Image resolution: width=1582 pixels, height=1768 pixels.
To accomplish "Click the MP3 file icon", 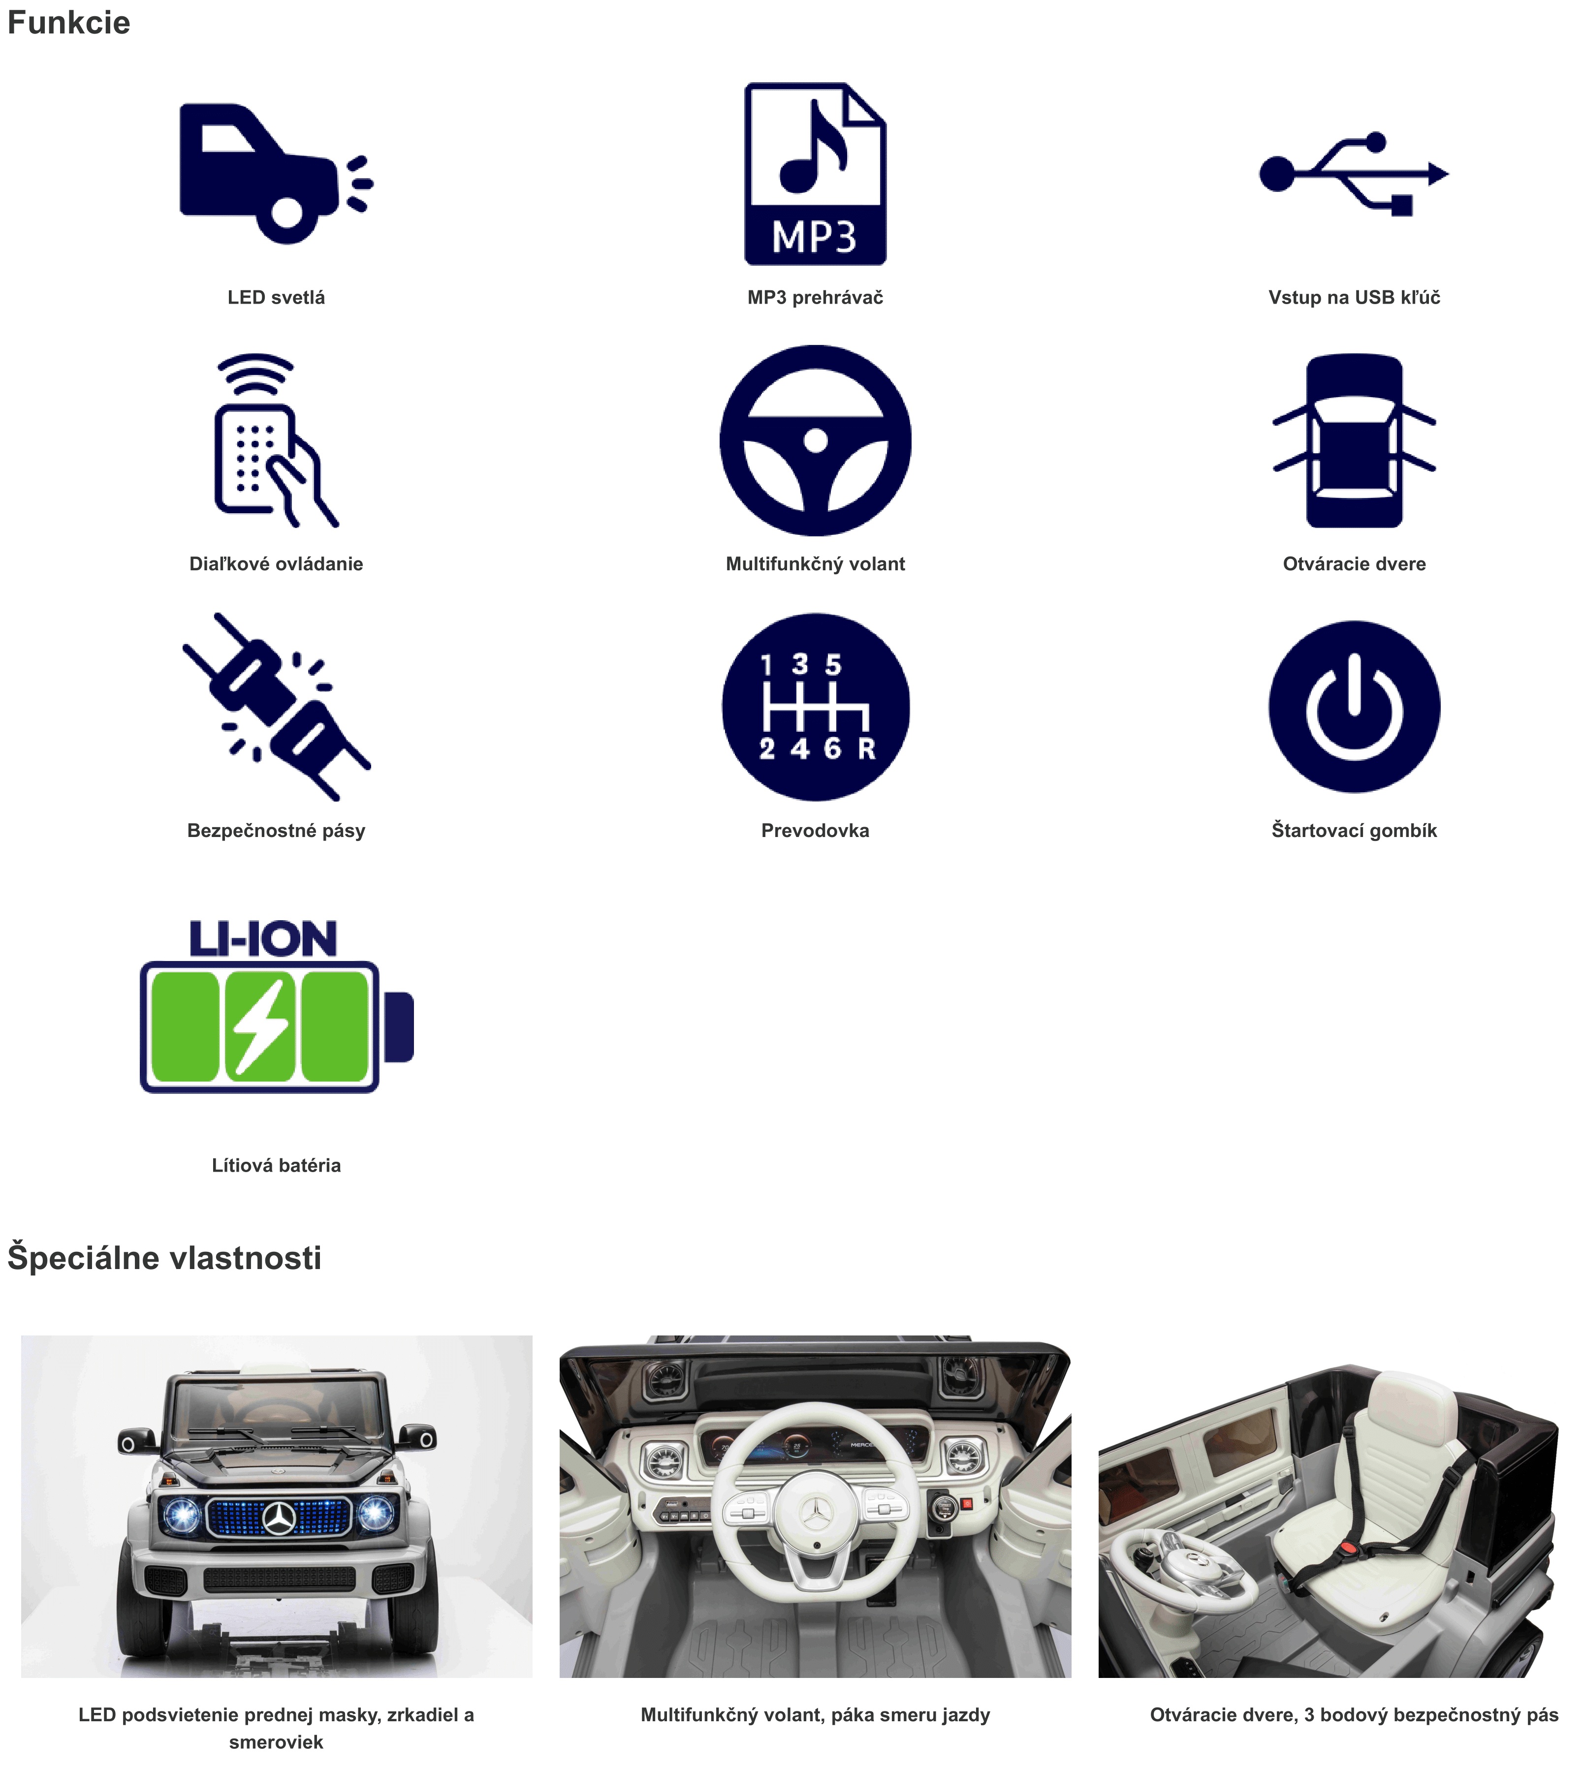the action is click(815, 174).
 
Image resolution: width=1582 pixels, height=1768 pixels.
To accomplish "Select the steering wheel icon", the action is click(815, 440).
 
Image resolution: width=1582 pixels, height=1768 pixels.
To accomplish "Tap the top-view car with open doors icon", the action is click(1354, 440).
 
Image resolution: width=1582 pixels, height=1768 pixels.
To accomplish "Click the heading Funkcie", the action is click(69, 23).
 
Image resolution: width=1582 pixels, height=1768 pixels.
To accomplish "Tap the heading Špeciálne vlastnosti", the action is click(164, 1257).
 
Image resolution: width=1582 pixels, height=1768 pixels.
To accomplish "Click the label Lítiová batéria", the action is click(277, 1165).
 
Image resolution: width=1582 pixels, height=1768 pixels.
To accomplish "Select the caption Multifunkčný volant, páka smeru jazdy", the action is click(815, 1714).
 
